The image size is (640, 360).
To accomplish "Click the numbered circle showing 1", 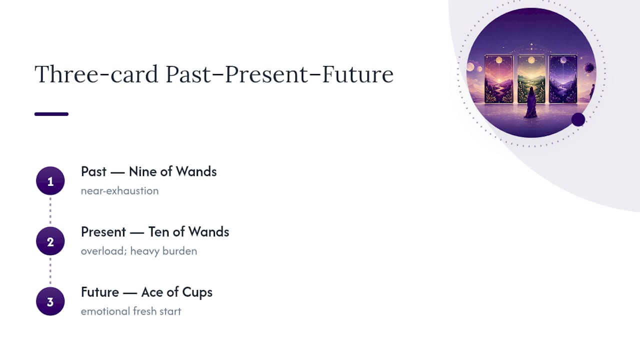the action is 50,181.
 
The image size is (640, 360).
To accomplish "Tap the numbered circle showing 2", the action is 50,241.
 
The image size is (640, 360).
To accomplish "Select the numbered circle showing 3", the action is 50,301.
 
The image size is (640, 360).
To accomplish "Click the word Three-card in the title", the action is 96,74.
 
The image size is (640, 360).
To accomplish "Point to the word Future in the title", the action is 358,74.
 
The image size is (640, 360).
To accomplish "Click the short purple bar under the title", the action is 51,114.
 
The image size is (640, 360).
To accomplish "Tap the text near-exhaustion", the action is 119,190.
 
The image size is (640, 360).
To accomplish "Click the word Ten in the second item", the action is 158,231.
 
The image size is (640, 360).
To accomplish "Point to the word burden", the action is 179,251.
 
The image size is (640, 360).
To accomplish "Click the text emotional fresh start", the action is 131,311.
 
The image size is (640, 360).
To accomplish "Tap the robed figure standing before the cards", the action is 531,102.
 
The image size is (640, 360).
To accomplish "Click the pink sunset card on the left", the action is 499,79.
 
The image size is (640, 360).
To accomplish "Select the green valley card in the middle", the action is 531,79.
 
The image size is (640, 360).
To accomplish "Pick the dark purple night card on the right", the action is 563,79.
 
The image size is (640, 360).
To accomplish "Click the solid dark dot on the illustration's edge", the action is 578,119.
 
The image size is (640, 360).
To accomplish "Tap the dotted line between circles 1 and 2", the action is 50,211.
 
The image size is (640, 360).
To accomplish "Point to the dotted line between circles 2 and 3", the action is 50,271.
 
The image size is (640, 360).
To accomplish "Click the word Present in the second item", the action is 103,231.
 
